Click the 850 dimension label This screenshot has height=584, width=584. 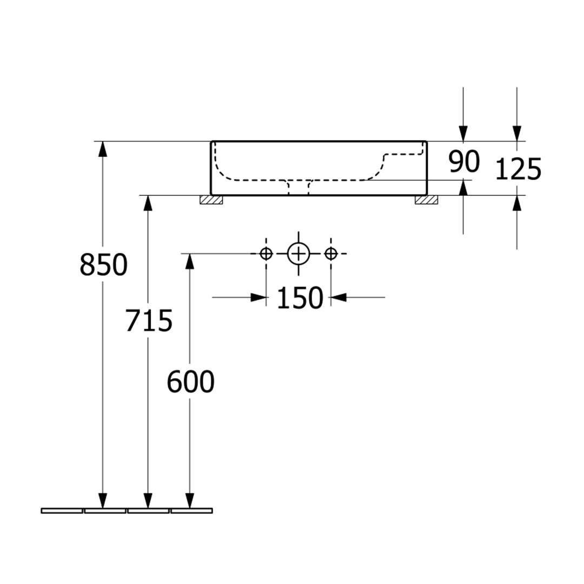pyautogui.click(x=103, y=265)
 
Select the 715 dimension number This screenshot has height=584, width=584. pyautogui.click(x=149, y=321)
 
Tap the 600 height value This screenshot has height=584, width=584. pyautogui.click(x=190, y=382)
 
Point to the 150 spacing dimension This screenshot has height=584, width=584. pyautogui.click(x=300, y=297)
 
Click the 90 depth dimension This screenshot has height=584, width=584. pyautogui.click(x=464, y=162)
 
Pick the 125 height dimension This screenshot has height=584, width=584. pyautogui.click(x=518, y=169)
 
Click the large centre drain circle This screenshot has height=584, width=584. pyautogui.click(x=298, y=254)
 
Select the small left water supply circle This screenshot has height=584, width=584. pyautogui.click(x=266, y=254)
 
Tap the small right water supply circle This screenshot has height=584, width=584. pyautogui.click(x=331, y=254)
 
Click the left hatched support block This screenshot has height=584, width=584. pyautogui.click(x=211, y=200)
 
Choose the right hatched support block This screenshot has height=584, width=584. pyautogui.click(x=427, y=200)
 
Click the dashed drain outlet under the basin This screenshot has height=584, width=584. pyautogui.click(x=298, y=187)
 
